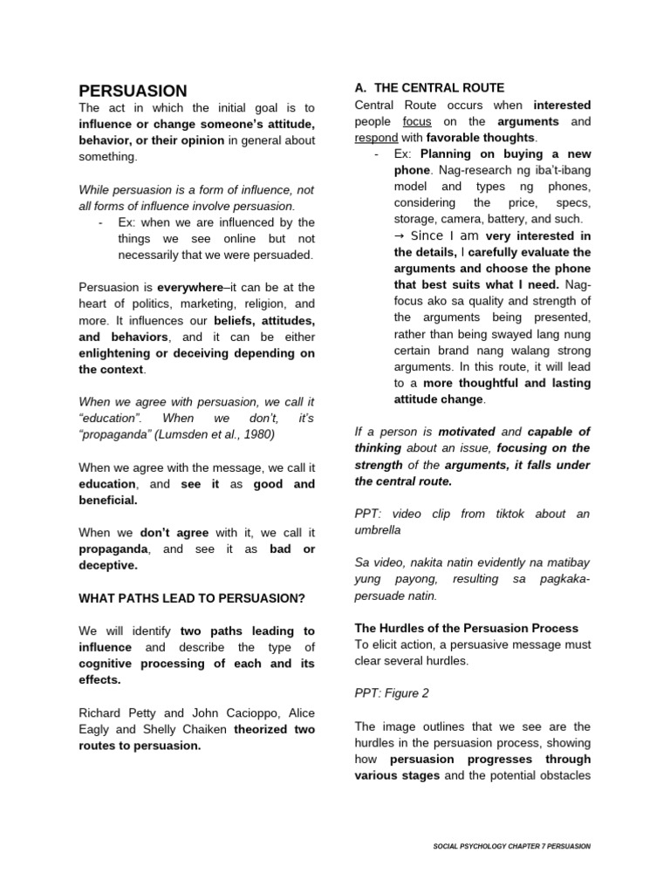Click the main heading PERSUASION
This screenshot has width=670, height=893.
[133, 91]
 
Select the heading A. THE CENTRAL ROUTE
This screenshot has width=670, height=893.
[429, 88]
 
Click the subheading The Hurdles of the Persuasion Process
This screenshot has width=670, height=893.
[466, 628]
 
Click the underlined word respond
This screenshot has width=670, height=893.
[376, 138]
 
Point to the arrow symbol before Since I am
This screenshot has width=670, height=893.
[400, 235]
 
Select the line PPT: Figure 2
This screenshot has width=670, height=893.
[392, 693]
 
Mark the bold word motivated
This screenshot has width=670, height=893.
[467, 432]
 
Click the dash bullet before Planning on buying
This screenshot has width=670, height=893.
[375, 154]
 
